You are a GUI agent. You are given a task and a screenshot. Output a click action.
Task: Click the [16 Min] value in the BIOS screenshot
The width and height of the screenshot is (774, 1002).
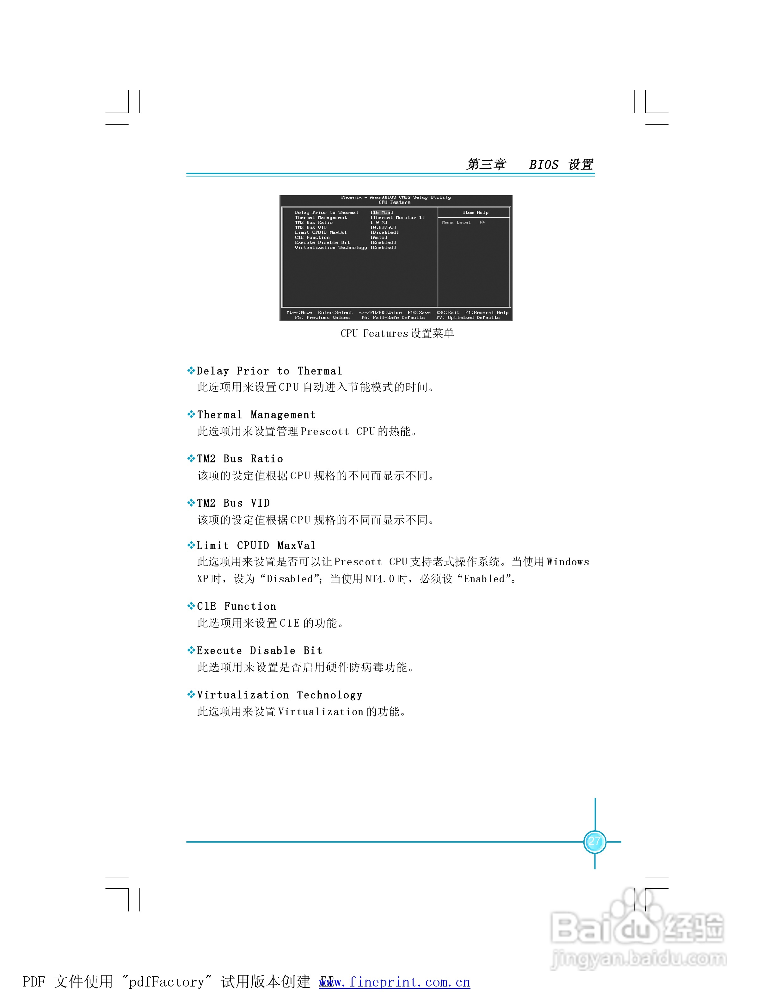(x=382, y=213)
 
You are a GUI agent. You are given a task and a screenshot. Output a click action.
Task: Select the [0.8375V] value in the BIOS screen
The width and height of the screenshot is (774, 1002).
(x=383, y=227)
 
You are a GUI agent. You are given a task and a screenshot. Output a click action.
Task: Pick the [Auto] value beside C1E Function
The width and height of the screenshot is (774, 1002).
(x=379, y=238)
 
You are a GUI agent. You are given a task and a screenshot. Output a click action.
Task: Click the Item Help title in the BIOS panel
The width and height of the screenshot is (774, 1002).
(x=476, y=213)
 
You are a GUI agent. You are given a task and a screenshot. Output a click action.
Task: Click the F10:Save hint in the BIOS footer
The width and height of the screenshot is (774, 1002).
(x=419, y=312)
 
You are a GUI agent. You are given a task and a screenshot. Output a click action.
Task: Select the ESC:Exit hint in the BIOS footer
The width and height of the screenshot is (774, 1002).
(x=447, y=312)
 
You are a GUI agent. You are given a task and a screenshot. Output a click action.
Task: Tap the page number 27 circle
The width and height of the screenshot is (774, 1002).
(x=595, y=841)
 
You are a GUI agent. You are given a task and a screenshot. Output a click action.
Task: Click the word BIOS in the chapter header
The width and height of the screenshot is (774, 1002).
(x=544, y=165)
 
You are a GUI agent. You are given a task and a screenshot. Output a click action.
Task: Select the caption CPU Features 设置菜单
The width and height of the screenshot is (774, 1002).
(x=397, y=334)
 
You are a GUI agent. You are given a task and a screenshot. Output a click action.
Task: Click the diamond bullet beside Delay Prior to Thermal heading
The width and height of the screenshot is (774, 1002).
(x=191, y=371)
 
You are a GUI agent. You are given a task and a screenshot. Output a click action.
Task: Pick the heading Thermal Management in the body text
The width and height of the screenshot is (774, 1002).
(x=256, y=415)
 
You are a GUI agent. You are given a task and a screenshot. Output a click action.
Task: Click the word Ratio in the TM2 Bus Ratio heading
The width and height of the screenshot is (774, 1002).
(x=267, y=459)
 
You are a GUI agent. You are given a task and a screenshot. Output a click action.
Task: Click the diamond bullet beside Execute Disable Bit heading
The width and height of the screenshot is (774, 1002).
(x=191, y=650)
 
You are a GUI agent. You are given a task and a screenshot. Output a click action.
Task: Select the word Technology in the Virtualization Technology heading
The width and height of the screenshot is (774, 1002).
(x=330, y=695)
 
